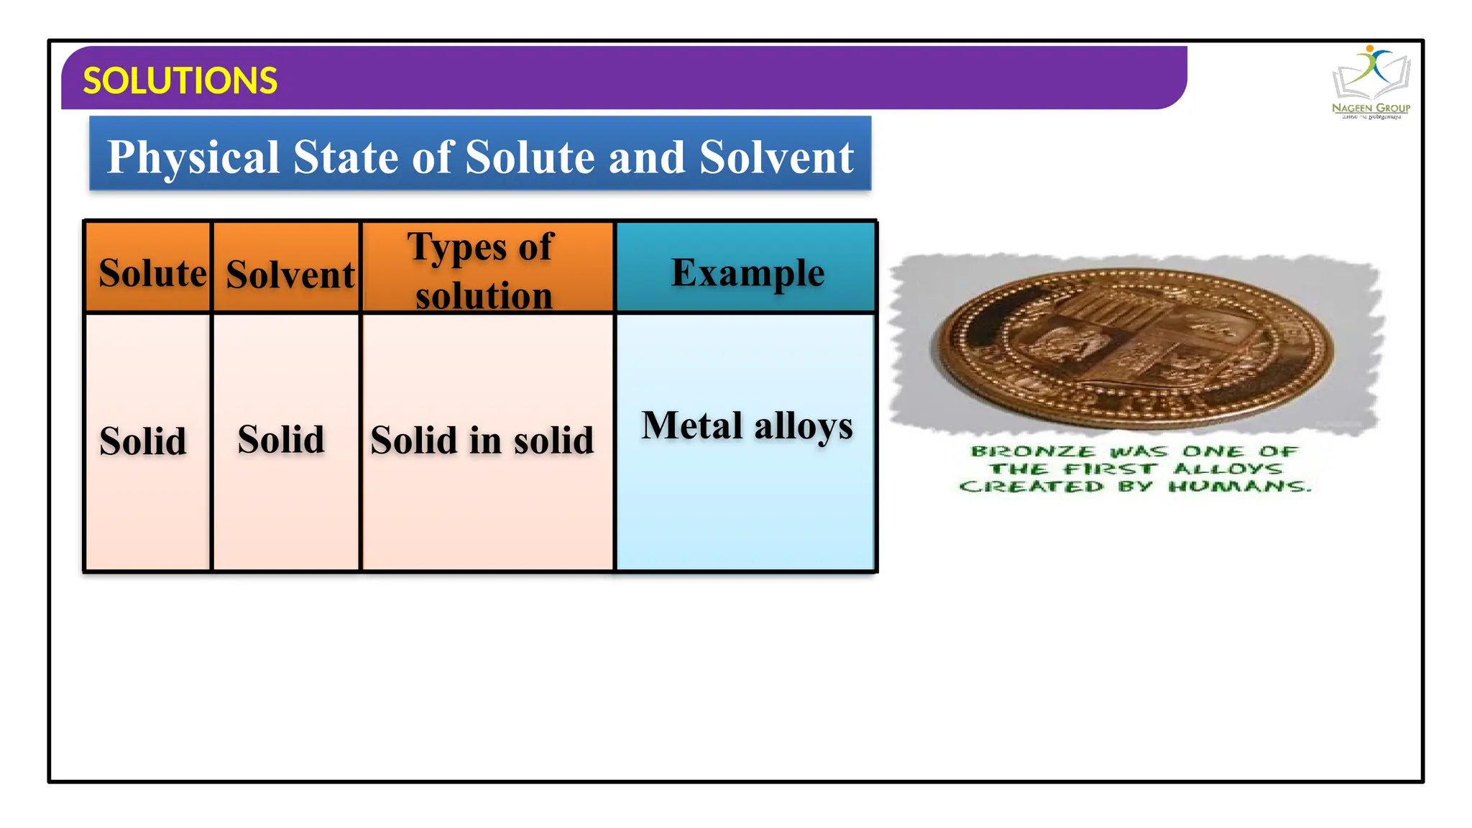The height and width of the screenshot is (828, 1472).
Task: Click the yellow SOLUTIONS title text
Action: (x=180, y=80)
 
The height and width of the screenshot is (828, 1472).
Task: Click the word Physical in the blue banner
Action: (x=193, y=157)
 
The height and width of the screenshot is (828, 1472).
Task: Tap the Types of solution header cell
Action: (x=483, y=270)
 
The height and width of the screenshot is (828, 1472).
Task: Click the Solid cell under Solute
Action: (x=143, y=441)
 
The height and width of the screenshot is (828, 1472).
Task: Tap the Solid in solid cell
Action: (x=482, y=440)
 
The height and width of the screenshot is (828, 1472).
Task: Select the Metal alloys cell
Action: (x=747, y=425)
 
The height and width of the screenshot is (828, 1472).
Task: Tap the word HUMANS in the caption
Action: (x=1239, y=487)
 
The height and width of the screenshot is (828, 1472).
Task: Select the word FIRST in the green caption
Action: (x=1110, y=469)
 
